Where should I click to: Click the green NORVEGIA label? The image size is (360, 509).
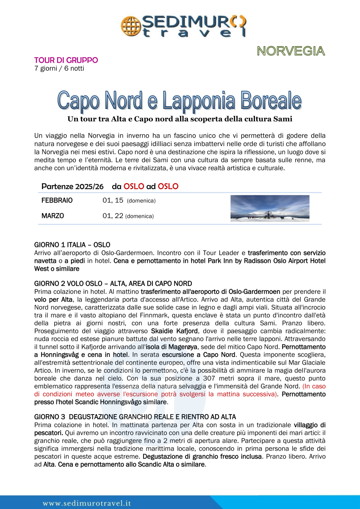point(291,51)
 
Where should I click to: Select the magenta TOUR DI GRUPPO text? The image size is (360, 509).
point(66,60)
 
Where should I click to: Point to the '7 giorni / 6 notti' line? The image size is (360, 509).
point(59,68)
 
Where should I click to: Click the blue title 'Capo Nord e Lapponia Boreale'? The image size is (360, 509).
point(180,100)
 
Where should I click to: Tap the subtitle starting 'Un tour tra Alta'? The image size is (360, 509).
point(180,119)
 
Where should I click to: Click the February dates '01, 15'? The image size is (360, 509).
point(113,200)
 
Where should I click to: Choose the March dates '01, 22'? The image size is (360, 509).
point(113,216)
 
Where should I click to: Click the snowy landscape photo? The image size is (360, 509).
point(270,208)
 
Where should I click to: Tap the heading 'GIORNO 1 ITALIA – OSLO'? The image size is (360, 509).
point(72,245)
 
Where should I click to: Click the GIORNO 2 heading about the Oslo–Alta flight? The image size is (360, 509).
point(113,283)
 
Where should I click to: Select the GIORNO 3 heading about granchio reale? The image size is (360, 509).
point(135,417)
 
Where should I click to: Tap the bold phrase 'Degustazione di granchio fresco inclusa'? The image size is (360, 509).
point(202,456)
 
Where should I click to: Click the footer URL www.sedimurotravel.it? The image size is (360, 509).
point(86,503)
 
